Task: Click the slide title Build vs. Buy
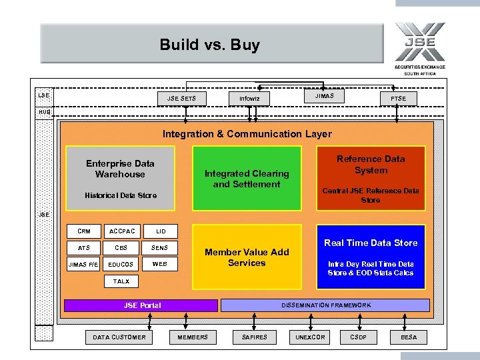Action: (209, 45)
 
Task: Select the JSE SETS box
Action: (181, 99)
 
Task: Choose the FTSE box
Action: (398, 99)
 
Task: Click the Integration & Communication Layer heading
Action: (247, 134)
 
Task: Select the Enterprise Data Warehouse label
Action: (120, 169)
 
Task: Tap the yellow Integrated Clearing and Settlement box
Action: (247, 178)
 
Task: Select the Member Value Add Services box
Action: (247, 257)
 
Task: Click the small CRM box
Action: (84, 231)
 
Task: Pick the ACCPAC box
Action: (121, 231)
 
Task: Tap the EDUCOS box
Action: (121, 265)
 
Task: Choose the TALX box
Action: (121, 281)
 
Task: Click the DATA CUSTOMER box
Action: (119, 337)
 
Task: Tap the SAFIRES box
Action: (254, 337)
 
